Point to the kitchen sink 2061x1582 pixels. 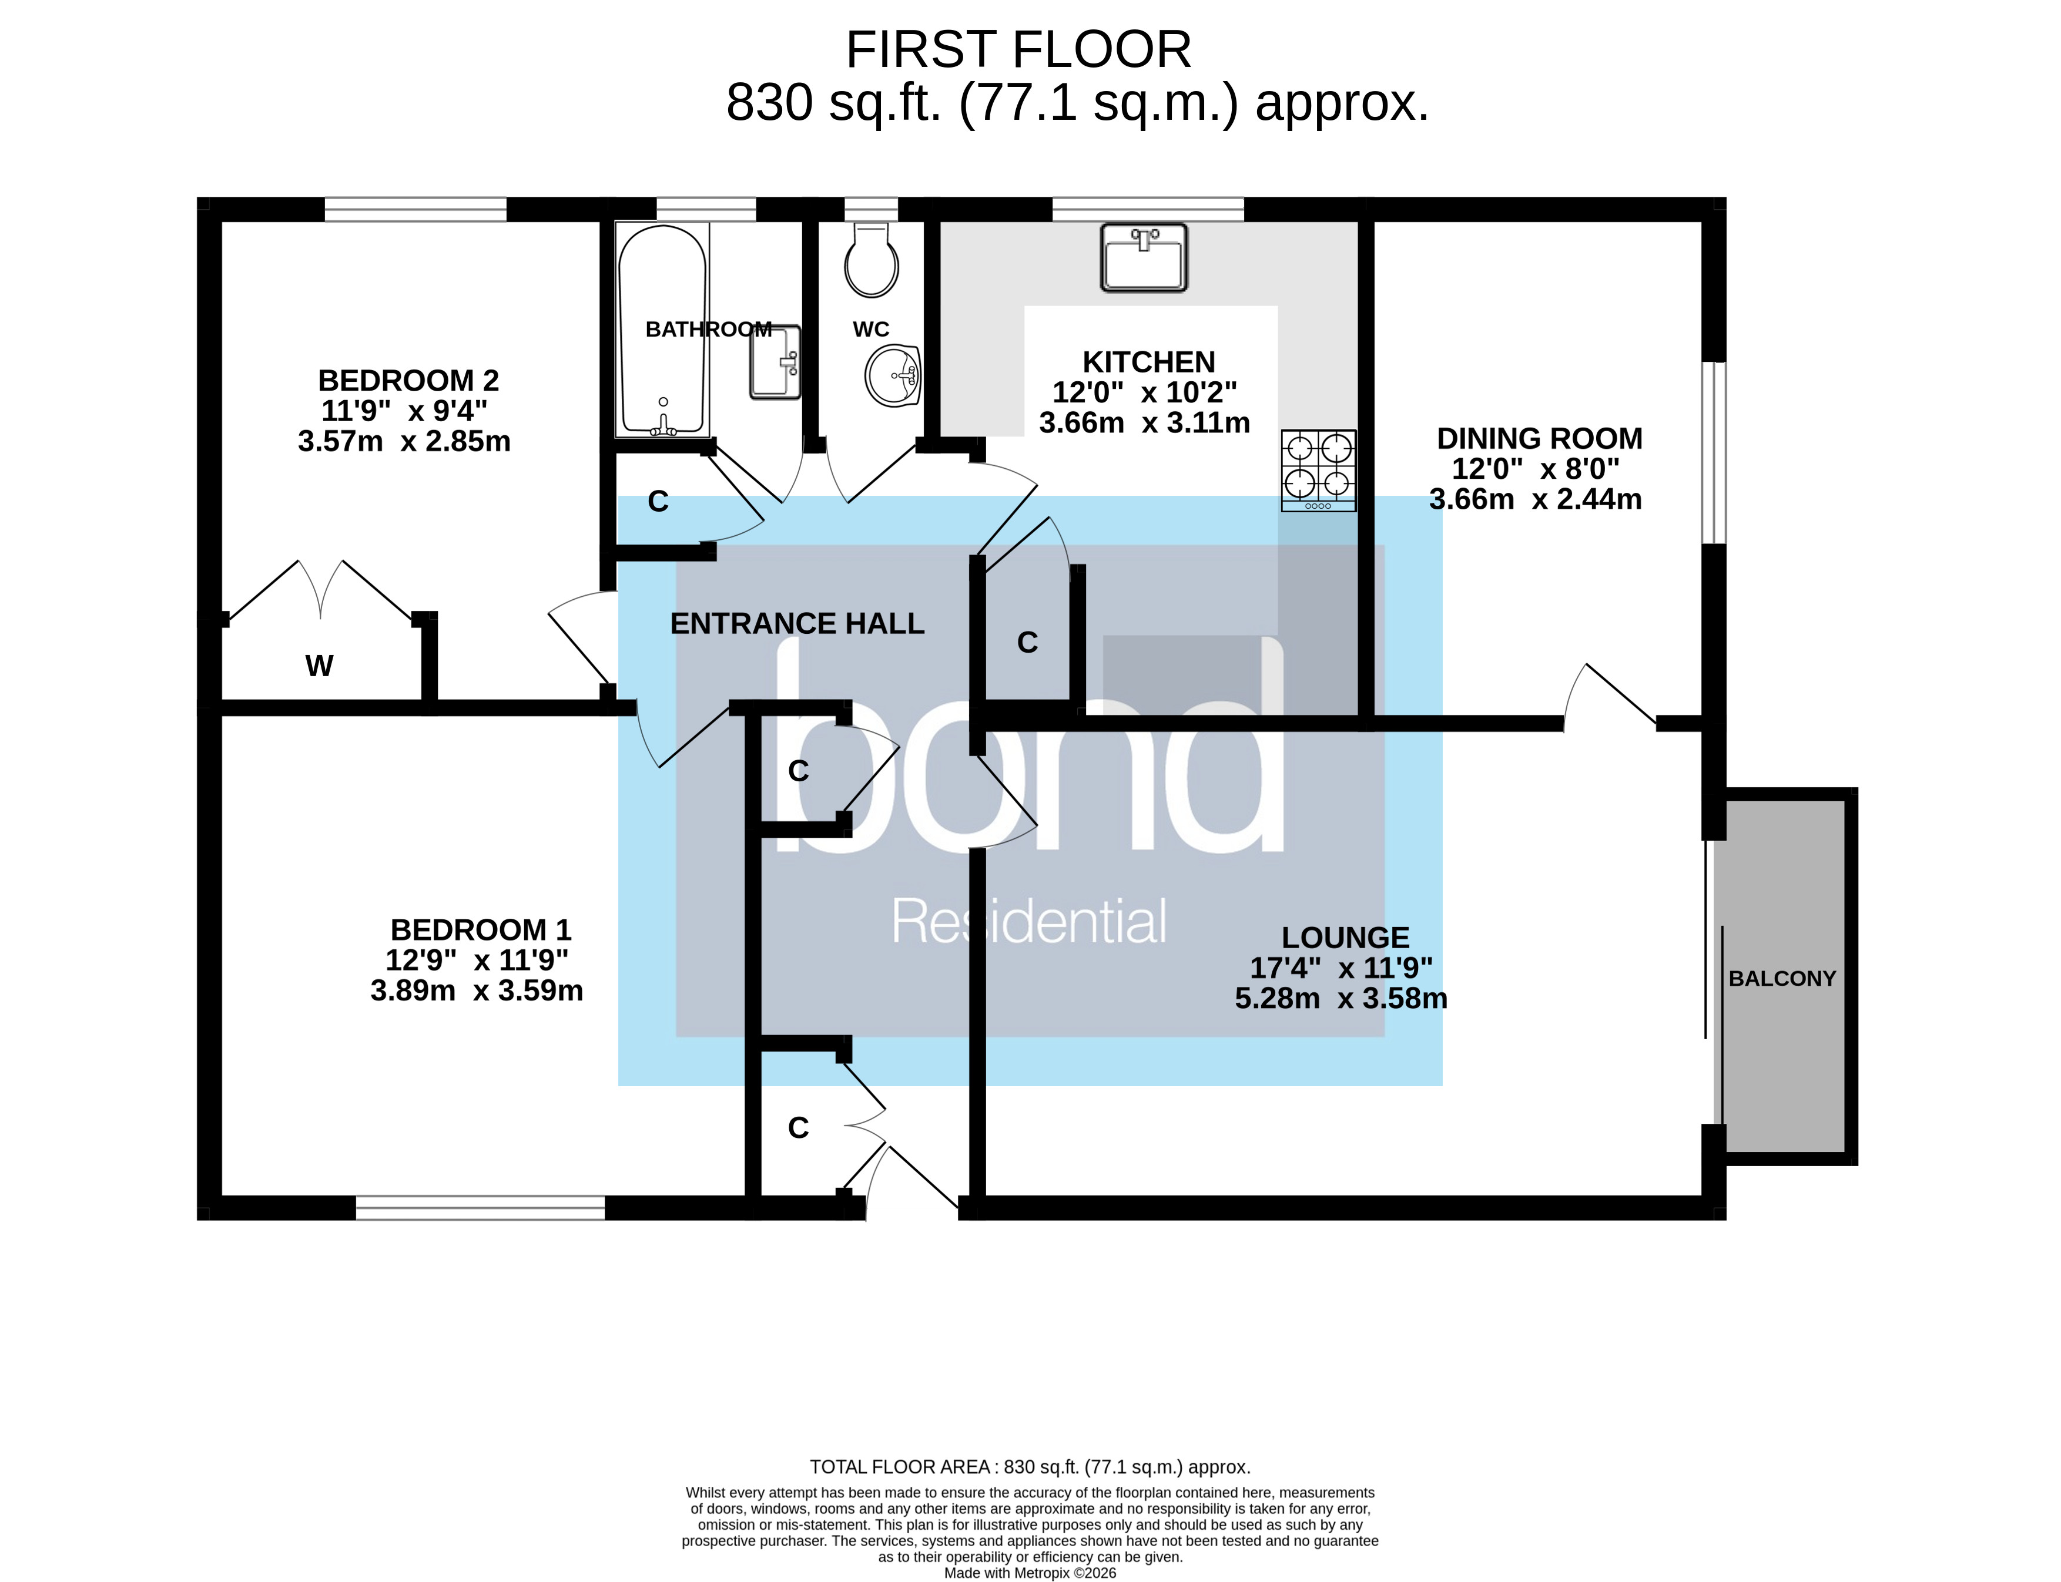tap(1144, 257)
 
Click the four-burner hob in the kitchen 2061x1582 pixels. tap(1318, 470)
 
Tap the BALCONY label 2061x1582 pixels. tap(1781, 978)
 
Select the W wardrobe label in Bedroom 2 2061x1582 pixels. tap(319, 666)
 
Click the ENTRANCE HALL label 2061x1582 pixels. tap(797, 623)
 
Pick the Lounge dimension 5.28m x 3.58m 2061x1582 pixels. tap(1341, 998)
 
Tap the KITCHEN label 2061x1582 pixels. tap(1148, 362)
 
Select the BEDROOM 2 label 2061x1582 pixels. tap(408, 381)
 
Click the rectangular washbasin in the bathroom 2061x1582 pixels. tap(775, 362)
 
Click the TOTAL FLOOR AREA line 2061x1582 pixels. tap(1030, 1467)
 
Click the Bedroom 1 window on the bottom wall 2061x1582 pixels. tap(480, 1208)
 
